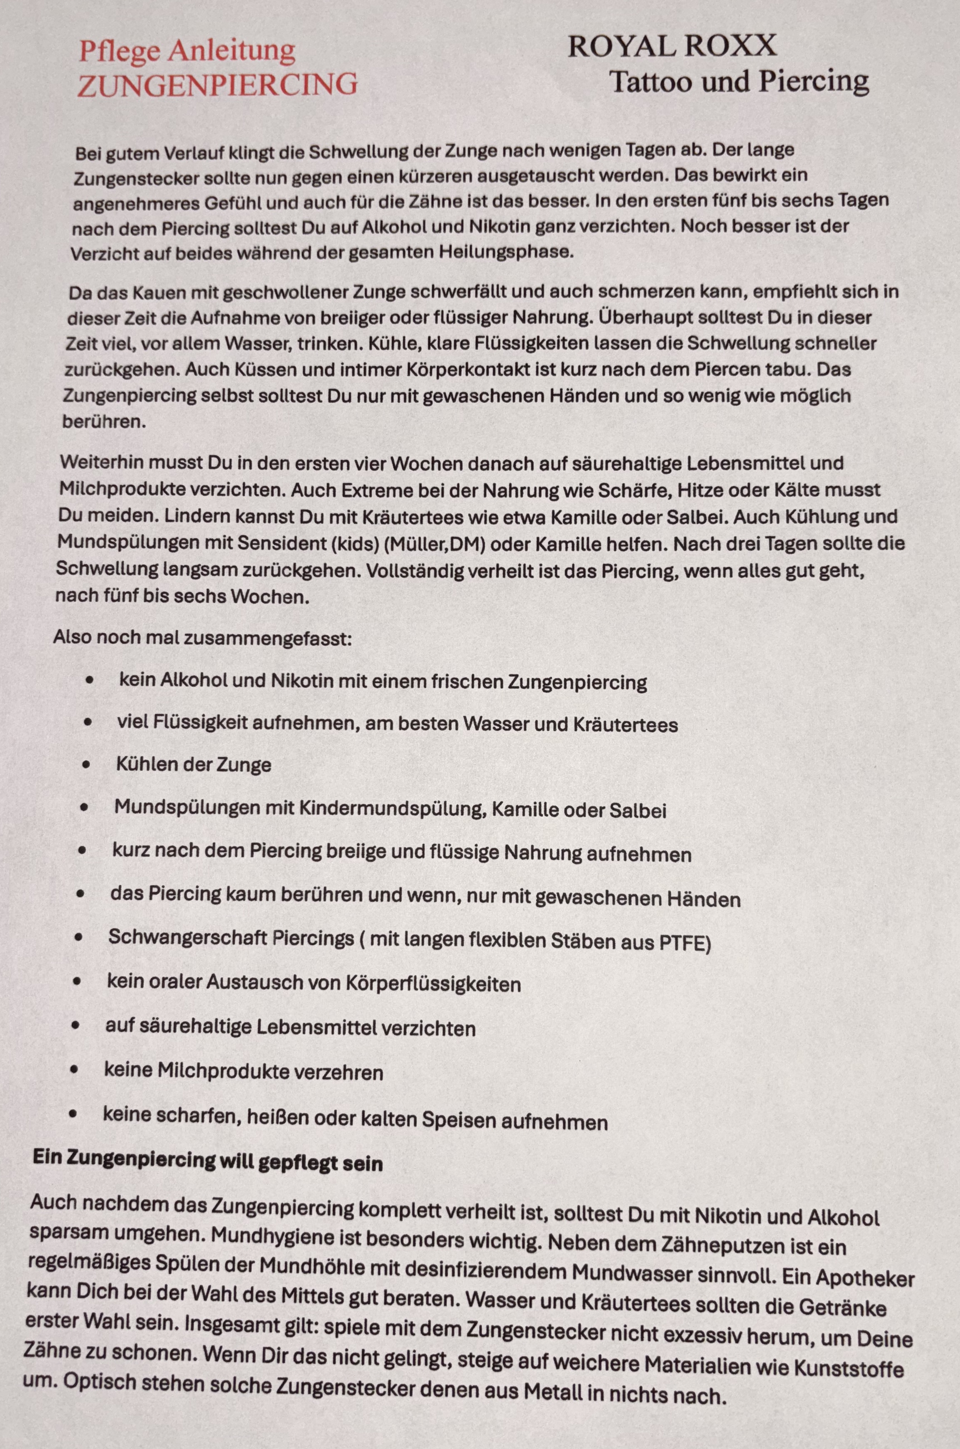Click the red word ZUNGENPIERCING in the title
coord(217,84)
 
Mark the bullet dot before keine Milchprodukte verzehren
coord(75,1069)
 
